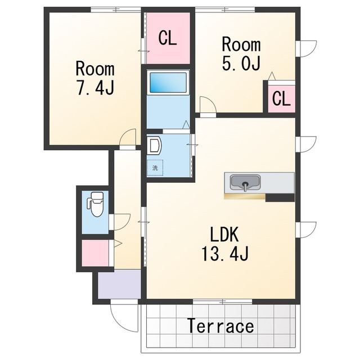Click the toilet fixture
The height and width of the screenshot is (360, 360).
pos(95,204)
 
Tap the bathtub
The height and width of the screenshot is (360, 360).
pos(168,82)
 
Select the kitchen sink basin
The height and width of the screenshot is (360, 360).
pos(245,182)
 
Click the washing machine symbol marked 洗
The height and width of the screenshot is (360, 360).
pos(155,168)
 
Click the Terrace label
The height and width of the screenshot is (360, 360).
pos(220,326)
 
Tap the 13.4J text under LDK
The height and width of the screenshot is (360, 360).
pos(225,254)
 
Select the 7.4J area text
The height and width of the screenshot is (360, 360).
pos(95,88)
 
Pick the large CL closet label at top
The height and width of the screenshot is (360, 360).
pos(168,38)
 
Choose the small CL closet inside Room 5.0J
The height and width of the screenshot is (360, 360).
pos(281,99)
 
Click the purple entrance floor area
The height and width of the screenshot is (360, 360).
pos(119,284)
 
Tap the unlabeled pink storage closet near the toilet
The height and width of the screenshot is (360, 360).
pos(95,253)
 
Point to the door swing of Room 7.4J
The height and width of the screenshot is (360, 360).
pos(128,137)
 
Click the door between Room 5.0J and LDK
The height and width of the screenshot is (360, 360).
pos(208,105)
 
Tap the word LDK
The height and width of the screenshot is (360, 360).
pos(224,234)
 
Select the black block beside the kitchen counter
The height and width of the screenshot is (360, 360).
pos(280,197)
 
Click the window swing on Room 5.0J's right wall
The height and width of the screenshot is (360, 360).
pos(306,49)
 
